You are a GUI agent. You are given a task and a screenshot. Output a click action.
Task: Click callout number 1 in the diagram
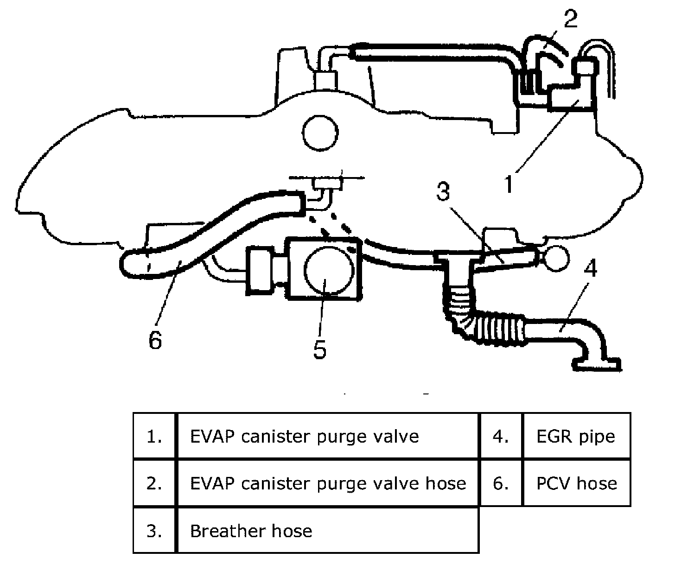[509, 183]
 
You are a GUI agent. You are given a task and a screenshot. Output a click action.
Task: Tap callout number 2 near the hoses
[571, 19]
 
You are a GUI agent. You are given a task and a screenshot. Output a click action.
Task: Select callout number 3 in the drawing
[443, 191]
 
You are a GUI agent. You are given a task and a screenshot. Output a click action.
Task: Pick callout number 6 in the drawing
[155, 340]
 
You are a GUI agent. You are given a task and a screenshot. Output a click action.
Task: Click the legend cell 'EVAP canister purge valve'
[304, 437]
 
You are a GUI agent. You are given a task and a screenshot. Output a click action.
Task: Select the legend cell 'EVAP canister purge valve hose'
[328, 483]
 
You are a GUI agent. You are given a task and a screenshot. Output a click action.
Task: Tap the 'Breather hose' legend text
[251, 531]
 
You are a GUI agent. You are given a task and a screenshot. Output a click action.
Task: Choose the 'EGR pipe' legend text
[576, 437]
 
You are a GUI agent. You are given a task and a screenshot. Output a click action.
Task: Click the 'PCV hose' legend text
[577, 483]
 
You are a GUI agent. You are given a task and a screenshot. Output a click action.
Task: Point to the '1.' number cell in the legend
[154, 437]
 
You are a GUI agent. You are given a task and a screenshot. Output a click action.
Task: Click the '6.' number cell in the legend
[501, 483]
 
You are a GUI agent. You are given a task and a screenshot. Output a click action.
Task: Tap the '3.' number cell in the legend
[154, 531]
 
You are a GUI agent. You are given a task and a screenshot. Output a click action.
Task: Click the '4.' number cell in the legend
[501, 437]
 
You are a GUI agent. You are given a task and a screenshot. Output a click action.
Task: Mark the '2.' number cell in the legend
[154, 483]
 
